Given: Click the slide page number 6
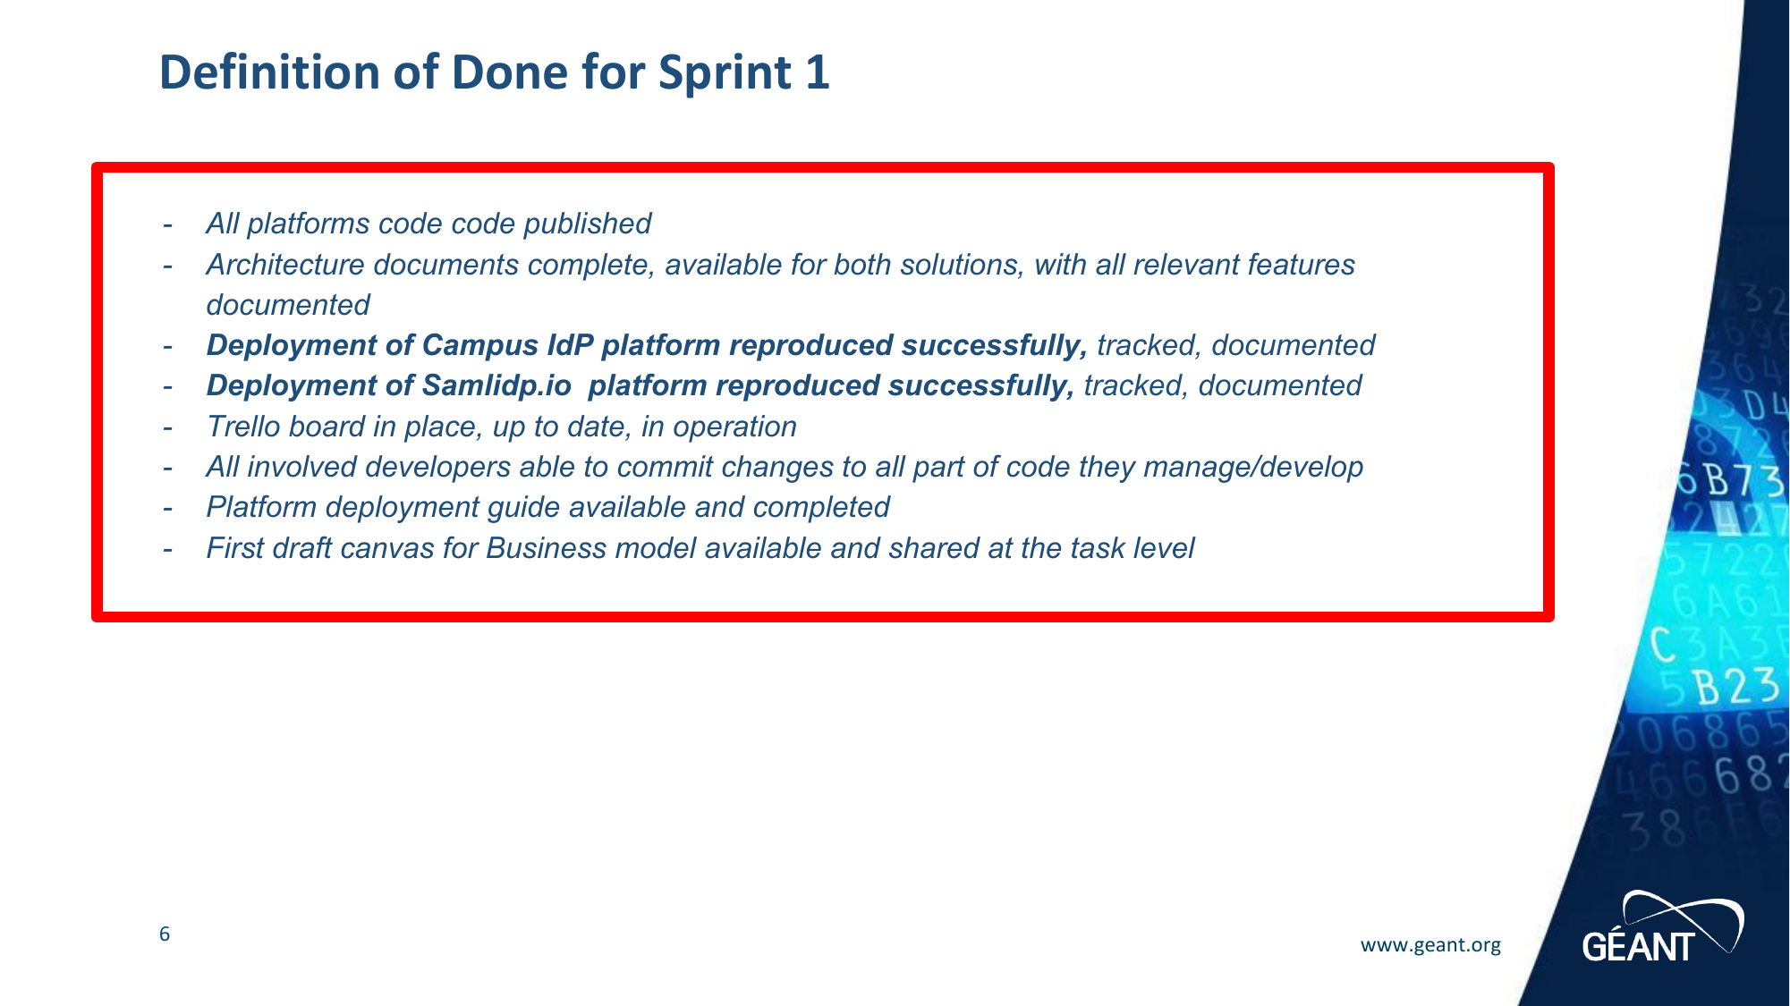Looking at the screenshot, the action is coord(165,934).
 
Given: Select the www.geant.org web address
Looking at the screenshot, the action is coord(1430,945).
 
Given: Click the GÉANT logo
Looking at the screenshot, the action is coord(1662,926).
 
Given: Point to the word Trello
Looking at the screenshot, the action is coord(242,427).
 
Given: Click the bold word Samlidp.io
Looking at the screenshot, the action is coord(496,385).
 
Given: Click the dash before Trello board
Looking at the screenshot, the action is coord(167,427).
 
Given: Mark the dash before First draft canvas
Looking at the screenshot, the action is coord(167,549).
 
